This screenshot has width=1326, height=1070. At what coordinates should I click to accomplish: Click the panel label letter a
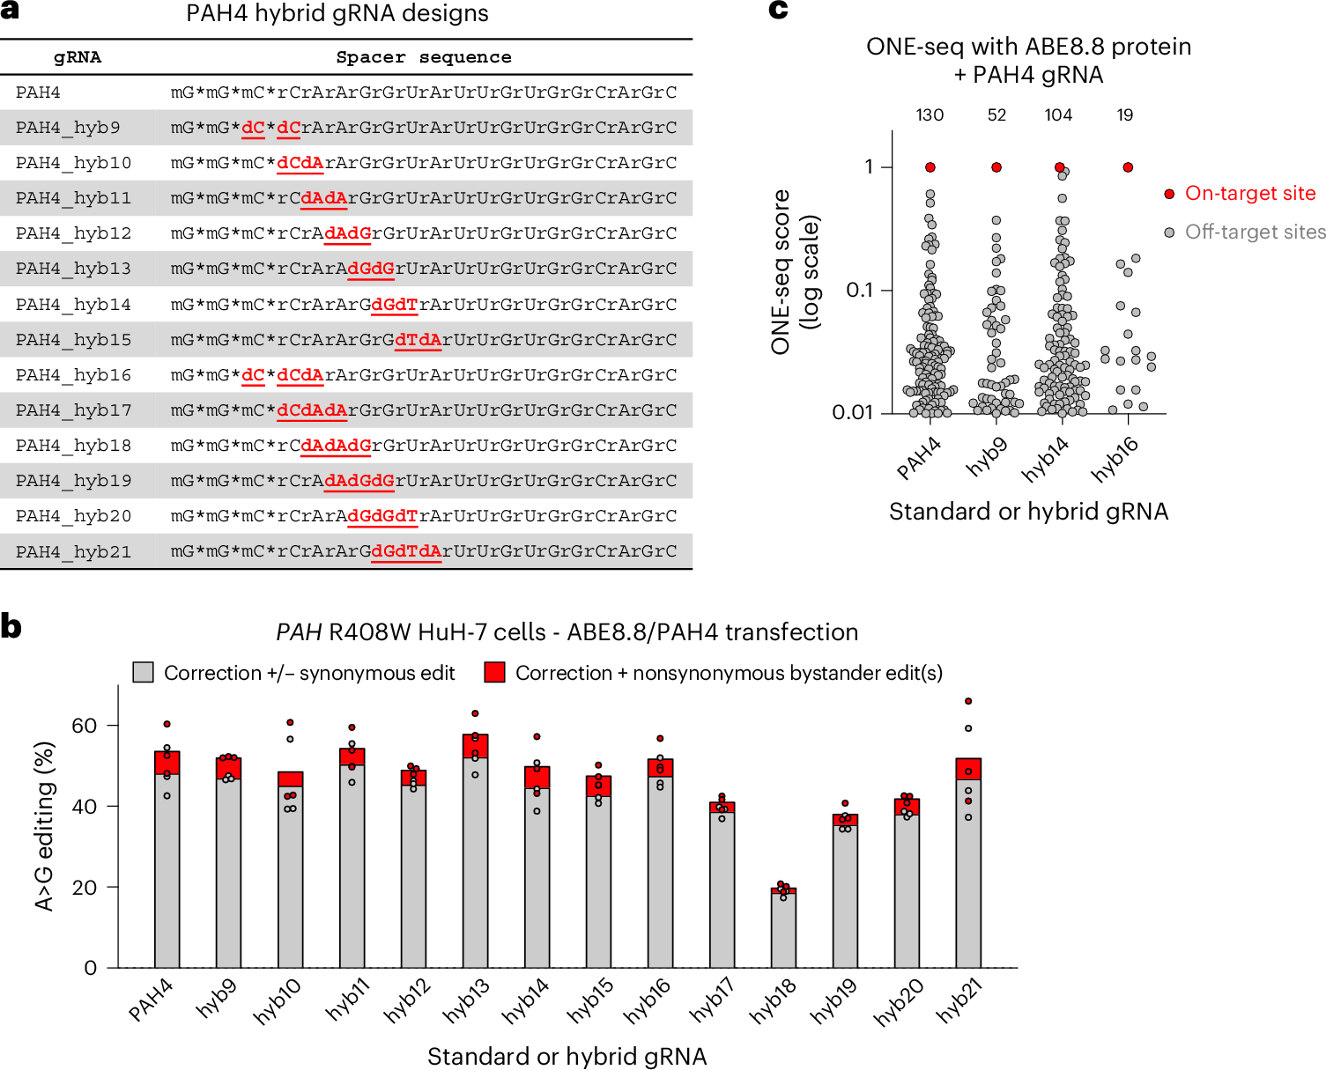pos(10,11)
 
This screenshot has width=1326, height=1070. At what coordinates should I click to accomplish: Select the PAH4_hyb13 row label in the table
pos(73,269)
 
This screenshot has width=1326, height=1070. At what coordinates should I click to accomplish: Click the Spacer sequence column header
pos(423,57)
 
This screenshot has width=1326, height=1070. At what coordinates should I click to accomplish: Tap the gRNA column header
pos(78,57)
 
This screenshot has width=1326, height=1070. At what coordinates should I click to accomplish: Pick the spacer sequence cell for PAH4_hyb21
pos(423,551)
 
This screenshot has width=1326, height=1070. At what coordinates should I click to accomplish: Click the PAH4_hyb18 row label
pos(73,446)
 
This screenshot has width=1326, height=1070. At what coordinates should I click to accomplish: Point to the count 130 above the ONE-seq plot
pos(930,115)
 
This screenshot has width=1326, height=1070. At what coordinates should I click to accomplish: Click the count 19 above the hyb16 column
pos(1125,115)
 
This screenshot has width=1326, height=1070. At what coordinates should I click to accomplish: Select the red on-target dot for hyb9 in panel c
pos(996,167)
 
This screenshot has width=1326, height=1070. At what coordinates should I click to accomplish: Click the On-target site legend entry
pos(1249,194)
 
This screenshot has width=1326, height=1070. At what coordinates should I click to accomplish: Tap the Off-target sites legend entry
pos(1255,232)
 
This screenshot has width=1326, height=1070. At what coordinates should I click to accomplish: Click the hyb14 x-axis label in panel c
pos(1046,460)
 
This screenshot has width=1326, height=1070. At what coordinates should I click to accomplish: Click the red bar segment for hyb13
pos(475,746)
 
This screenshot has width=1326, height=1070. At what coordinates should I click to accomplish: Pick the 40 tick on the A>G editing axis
pos(85,807)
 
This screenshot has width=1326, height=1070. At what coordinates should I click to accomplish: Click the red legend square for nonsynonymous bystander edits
pos(494,673)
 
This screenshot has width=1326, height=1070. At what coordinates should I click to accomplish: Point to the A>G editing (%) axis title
pos(44,826)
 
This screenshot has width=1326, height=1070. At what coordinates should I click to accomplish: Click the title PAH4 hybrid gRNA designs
pos(337,14)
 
